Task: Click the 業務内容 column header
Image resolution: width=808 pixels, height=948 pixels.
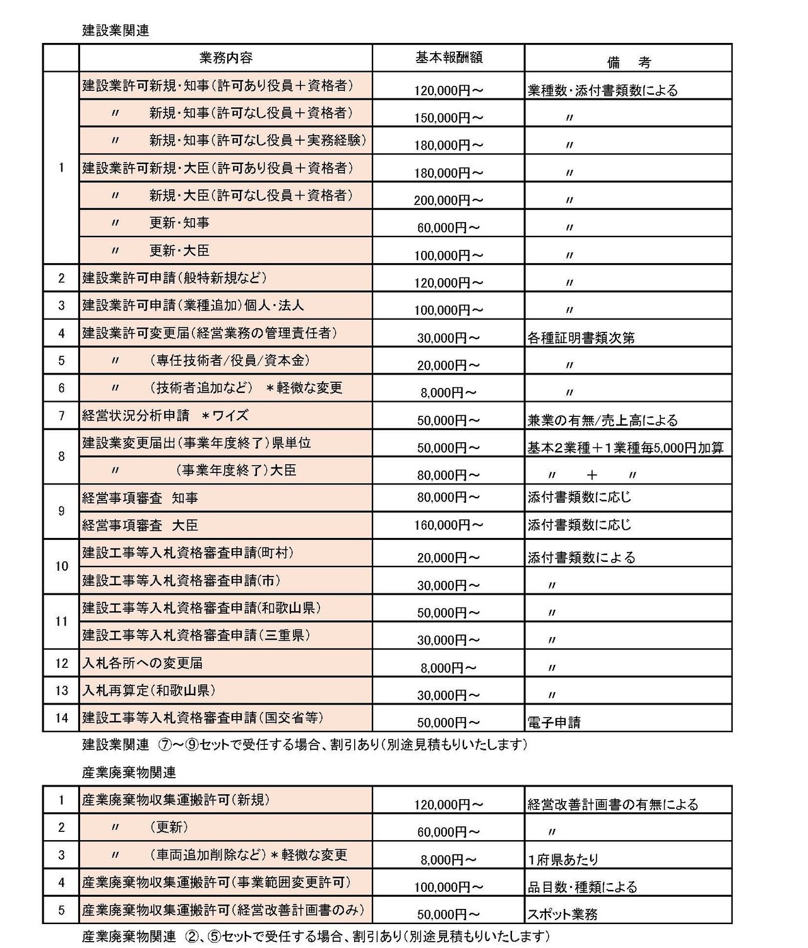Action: coord(225,58)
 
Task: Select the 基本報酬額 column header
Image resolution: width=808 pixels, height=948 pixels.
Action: coord(448,57)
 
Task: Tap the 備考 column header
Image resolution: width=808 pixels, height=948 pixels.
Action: coord(627,62)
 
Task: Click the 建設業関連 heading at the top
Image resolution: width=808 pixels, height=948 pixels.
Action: coord(116,30)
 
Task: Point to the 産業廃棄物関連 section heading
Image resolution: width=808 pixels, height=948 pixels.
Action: coord(129,773)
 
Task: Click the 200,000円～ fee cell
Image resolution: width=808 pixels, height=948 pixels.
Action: coord(448,201)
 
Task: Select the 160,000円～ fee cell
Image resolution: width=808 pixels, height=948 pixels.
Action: coord(448,525)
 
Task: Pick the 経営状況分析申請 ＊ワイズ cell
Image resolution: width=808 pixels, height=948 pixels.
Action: coord(165,416)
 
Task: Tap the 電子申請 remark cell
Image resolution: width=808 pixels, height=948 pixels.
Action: coord(554,722)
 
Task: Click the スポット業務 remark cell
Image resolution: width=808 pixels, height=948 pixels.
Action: coord(562,914)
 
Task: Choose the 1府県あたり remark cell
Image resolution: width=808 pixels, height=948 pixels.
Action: coord(563,859)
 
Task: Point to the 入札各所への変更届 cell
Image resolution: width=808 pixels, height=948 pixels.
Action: coord(143,663)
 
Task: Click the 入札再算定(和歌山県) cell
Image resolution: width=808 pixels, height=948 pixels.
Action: coord(153,690)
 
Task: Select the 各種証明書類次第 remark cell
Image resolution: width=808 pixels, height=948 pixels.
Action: coord(581,337)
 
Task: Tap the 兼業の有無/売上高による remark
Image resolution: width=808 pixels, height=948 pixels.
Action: coord(602,420)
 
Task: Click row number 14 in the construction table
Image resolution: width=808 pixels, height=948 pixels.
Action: coord(61,717)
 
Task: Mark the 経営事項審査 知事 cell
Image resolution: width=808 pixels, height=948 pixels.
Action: coord(140,498)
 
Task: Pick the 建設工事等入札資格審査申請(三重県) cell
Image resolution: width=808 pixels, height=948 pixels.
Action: coord(196,635)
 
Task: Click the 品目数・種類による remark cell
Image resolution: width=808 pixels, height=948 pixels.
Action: coord(582,887)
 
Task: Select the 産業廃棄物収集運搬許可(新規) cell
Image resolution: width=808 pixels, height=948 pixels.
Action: coord(175,800)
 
